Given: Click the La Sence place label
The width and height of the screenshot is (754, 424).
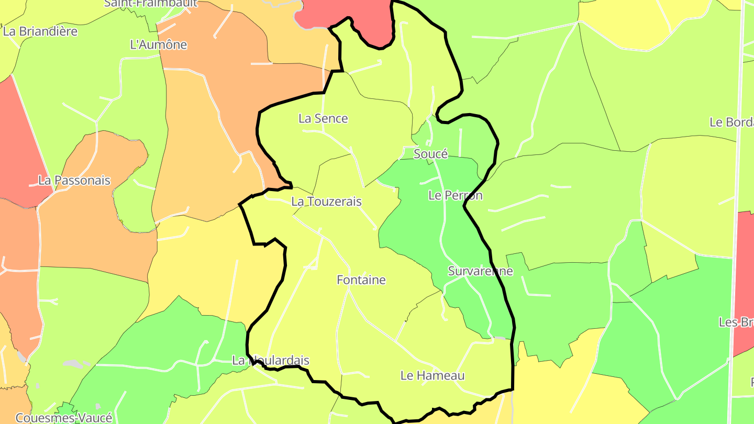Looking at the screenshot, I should pos(323,119).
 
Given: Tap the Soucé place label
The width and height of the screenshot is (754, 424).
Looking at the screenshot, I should pos(430,154).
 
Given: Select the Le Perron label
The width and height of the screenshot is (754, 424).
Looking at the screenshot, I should pos(455,196).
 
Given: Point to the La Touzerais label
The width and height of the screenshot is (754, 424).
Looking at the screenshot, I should pos(326,202).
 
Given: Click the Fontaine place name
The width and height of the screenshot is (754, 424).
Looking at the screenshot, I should pos(361,280).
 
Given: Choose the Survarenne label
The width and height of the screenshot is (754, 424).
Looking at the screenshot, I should pos(480,271).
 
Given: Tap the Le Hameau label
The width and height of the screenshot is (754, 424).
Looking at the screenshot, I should pos(433,375).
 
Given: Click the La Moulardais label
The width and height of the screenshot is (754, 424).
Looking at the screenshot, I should pos(271,361).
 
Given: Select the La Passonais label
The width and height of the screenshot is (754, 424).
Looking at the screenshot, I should pos(74,181).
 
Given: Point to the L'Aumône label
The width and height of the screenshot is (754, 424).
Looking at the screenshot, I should pos(158,44).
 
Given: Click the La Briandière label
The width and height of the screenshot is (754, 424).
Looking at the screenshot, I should pos(40,31).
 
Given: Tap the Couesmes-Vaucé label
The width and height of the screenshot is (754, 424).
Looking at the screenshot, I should pos(64,418).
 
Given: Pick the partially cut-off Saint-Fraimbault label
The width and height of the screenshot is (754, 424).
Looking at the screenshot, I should pos(151,3).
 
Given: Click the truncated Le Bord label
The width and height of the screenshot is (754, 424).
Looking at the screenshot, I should pos(731,122).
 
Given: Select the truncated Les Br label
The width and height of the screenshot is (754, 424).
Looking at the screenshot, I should pos(736,322).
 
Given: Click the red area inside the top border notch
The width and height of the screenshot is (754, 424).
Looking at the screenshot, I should pos(367,21).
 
